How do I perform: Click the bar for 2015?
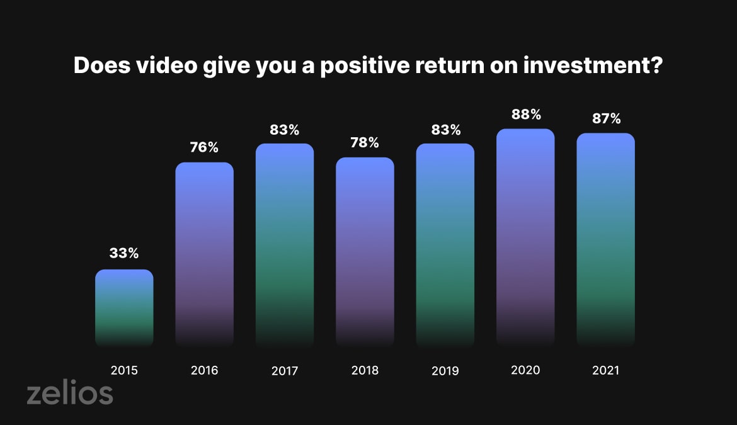click(124, 308)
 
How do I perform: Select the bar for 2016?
click(205, 254)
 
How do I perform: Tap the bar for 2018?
click(365, 252)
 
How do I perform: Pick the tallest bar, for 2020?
click(525, 237)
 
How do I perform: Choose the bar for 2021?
click(606, 240)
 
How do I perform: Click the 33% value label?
click(124, 253)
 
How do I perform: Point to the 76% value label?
click(205, 147)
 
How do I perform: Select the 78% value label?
click(365, 142)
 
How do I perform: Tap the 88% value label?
click(526, 114)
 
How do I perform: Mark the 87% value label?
click(607, 118)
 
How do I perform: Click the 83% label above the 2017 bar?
click(284, 130)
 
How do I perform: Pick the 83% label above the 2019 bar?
click(446, 130)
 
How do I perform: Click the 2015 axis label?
click(124, 370)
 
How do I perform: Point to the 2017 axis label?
click(285, 371)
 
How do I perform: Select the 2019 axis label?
click(445, 371)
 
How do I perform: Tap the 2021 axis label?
click(606, 370)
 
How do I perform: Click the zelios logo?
click(70, 392)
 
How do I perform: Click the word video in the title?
click(167, 65)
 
